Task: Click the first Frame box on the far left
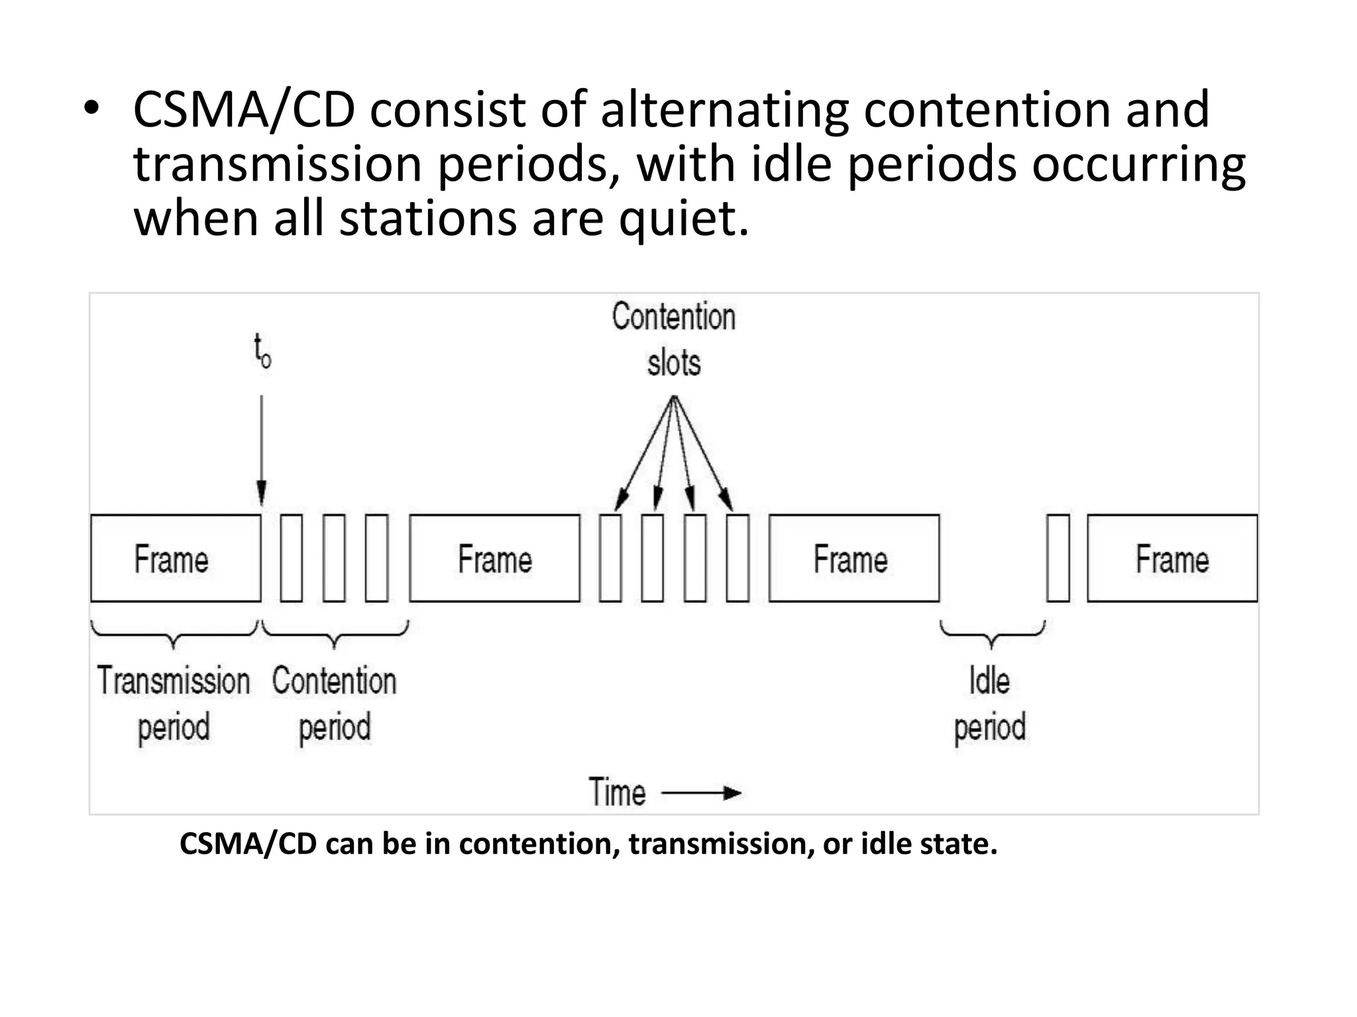point(176,558)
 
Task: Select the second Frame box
point(494,558)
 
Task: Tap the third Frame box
point(853,558)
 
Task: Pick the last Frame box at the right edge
point(1171,558)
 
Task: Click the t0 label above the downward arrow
point(262,352)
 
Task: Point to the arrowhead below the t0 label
point(261,494)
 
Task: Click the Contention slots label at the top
point(673,339)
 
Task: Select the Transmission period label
point(174,704)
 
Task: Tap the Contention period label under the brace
point(334,704)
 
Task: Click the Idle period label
point(989,704)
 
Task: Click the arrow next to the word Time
point(702,793)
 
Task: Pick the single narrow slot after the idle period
point(1058,558)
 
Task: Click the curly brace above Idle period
point(992,634)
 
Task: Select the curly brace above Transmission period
point(174,634)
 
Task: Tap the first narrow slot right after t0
point(291,558)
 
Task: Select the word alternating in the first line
point(724,110)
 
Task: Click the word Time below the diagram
point(617,793)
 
